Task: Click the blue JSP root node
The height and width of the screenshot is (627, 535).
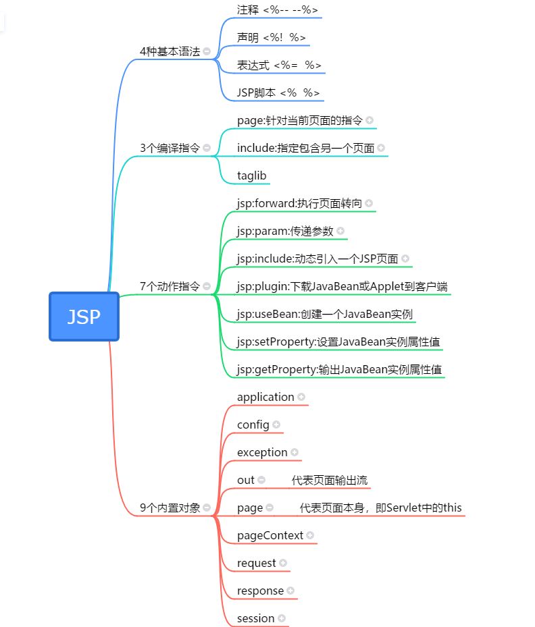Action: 84,317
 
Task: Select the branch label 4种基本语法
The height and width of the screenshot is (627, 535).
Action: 170,51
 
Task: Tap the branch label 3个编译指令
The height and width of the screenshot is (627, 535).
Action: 170,148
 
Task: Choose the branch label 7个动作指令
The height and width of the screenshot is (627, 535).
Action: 170,286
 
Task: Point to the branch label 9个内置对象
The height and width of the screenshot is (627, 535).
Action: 170,508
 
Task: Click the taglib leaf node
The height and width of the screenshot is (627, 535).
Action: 252,175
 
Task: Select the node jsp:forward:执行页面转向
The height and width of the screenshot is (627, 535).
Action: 299,203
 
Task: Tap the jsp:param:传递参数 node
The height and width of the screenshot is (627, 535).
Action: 285,231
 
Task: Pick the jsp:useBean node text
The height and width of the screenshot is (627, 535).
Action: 325,314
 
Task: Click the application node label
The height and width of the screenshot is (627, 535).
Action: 265,397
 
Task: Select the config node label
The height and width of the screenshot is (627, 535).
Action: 253,425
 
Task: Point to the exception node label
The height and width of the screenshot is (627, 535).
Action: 262,452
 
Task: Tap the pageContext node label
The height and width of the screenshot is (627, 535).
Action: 270,535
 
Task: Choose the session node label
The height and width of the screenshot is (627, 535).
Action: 256,618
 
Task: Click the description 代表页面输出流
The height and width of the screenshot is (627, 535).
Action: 330,480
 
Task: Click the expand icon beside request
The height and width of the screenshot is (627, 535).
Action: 283,563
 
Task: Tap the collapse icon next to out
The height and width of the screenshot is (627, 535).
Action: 261,480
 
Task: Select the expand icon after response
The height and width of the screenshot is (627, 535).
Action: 290,591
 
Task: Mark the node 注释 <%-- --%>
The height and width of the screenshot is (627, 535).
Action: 278,9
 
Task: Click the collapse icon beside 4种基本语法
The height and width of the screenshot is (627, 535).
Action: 207,51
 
